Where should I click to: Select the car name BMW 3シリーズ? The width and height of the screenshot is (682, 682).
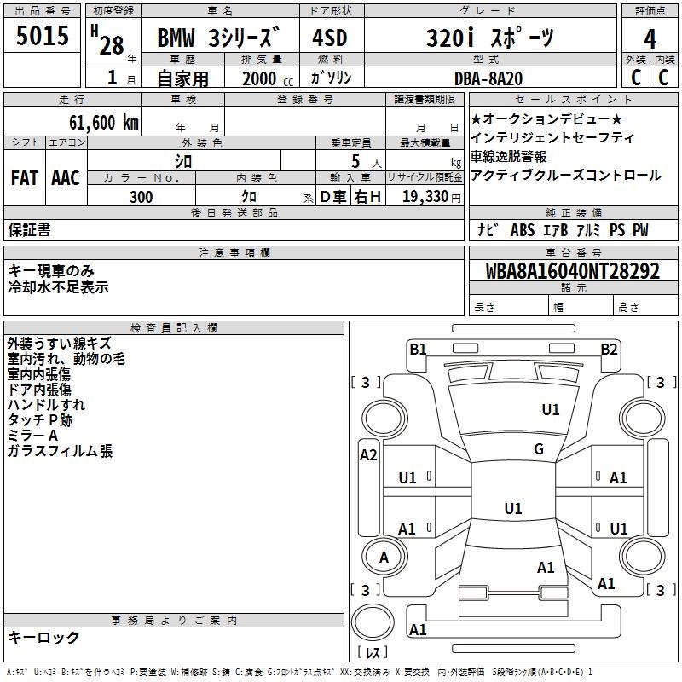[219, 39]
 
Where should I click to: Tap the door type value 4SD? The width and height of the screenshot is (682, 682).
[329, 39]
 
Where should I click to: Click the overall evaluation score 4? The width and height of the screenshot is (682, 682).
[650, 38]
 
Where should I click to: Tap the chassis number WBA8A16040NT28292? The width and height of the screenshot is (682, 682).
[573, 271]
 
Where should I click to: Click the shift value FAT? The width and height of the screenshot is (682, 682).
[24, 178]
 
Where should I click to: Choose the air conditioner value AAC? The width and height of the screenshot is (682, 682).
[65, 178]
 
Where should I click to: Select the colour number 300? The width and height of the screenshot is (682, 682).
[142, 197]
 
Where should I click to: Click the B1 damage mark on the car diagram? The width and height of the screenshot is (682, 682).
[418, 348]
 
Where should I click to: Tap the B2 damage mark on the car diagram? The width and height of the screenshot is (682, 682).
[609, 348]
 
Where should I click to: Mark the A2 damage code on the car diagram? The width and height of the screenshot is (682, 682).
[368, 454]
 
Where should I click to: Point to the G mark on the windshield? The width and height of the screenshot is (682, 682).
[539, 449]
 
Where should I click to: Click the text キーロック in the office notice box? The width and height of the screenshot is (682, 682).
[43, 637]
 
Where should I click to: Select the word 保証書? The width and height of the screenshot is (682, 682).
[29, 229]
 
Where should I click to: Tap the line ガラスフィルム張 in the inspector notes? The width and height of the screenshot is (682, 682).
[60, 451]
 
